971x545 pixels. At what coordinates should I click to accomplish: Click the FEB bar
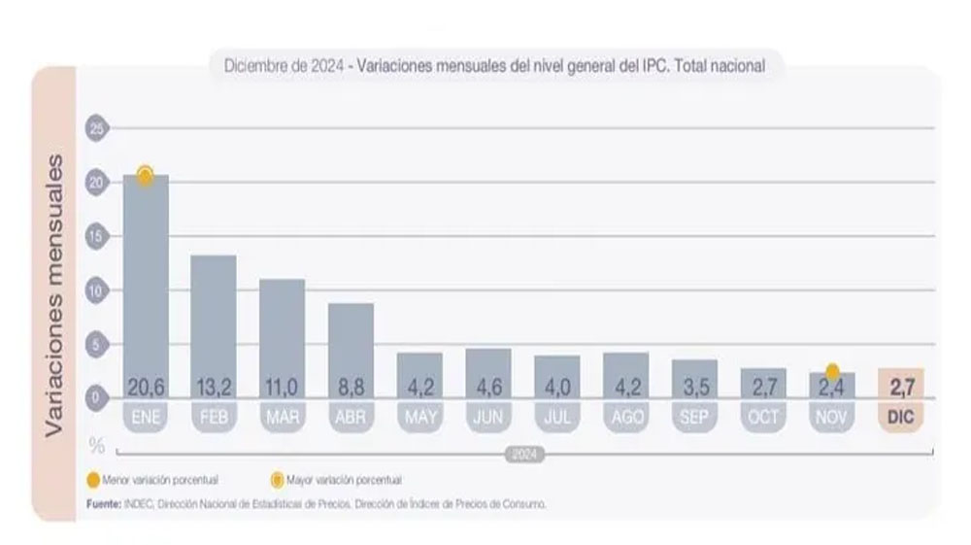pyautogui.click(x=214, y=321)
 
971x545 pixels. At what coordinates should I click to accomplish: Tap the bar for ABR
pyautogui.click(x=351, y=345)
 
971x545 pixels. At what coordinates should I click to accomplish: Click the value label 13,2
pyautogui.click(x=214, y=388)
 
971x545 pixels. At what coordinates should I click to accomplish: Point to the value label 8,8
pyautogui.click(x=351, y=388)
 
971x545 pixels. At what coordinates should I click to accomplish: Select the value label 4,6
pyautogui.click(x=488, y=388)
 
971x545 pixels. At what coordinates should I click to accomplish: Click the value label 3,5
pyautogui.click(x=694, y=388)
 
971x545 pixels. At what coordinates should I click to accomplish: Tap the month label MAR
pyautogui.click(x=283, y=417)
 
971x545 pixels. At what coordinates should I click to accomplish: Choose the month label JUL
pyautogui.click(x=557, y=417)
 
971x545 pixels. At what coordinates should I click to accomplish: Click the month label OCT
pyautogui.click(x=763, y=417)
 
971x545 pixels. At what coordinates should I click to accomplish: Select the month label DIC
pyautogui.click(x=900, y=417)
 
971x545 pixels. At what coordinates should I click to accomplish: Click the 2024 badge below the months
pyautogui.click(x=524, y=454)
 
